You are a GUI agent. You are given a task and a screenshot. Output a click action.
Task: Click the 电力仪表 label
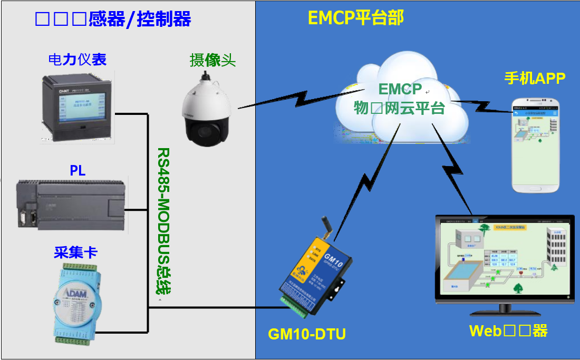(x=77, y=60)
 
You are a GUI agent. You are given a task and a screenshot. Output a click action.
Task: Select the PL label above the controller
(x=78, y=171)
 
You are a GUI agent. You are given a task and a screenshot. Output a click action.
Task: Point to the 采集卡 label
(x=76, y=252)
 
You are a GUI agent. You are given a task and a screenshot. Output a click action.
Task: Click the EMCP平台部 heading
(x=355, y=18)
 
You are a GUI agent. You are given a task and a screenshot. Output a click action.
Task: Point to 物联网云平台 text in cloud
(x=399, y=109)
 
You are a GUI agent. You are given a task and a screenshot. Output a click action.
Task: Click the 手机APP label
(x=535, y=79)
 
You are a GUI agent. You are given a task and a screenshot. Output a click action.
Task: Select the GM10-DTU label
(x=307, y=334)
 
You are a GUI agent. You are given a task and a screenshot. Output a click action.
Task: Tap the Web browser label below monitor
(x=508, y=331)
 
